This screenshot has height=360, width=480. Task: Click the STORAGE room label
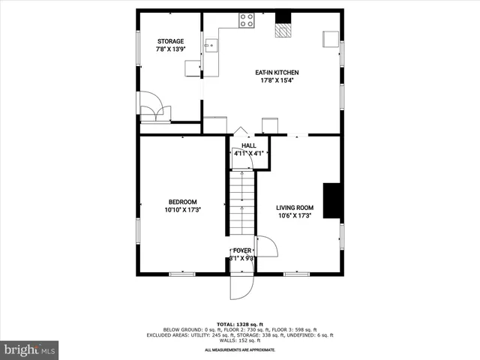pos(170,41)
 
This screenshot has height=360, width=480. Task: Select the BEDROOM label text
pos(182,202)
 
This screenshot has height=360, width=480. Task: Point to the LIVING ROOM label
pos(294,208)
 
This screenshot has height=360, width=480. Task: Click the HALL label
pos(248,145)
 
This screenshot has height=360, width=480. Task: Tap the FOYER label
pos(242,250)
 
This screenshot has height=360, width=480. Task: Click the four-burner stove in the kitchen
pos(246,22)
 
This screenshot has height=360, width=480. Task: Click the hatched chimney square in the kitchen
pos(283,30)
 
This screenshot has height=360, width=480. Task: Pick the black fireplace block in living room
pos(333,200)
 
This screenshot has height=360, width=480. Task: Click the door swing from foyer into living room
pos(266,247)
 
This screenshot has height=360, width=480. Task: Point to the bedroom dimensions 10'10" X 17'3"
pos(182,209)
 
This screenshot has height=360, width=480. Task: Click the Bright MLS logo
pos(30,349)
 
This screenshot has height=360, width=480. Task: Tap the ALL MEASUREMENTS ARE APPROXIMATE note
pos(241,349)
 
